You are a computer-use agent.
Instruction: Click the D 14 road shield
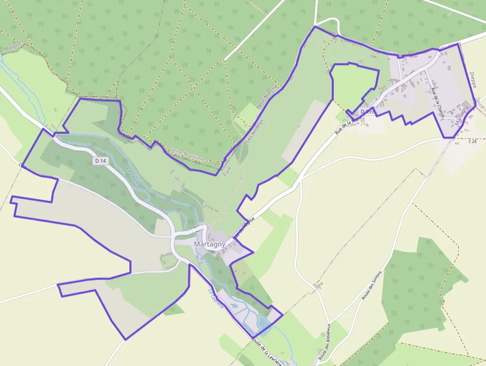100,160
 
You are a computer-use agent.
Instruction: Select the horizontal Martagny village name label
210,244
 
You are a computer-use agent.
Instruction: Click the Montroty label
13,47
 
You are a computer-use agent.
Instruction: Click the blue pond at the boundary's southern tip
263,325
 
